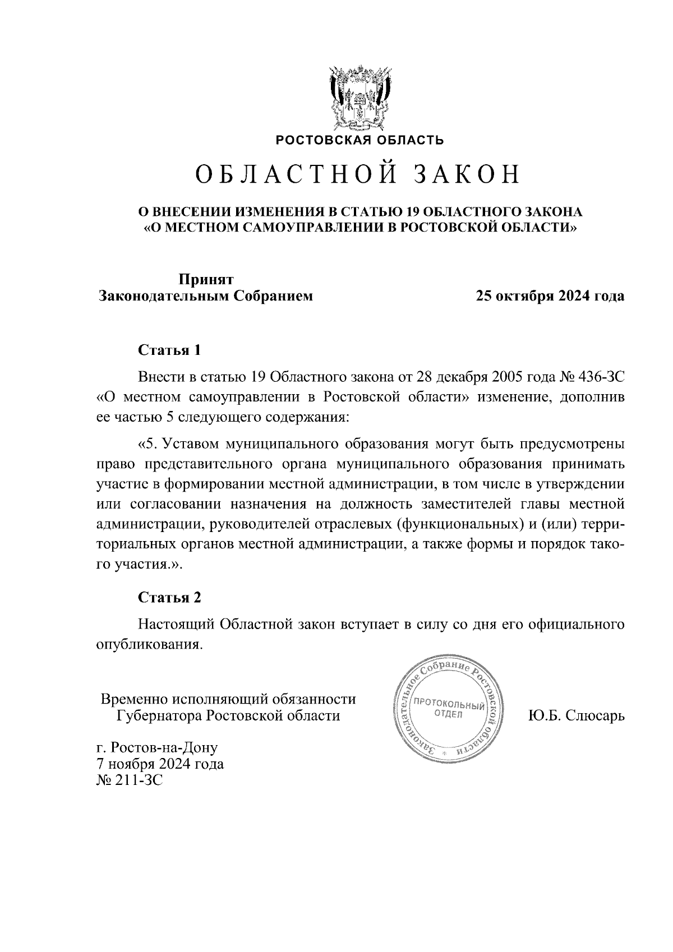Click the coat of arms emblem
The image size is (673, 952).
click(x=359, y=98)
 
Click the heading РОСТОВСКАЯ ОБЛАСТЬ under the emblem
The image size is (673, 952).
click(x=359, y=140)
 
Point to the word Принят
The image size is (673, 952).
click(x=205, y=279)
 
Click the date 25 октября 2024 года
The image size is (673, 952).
click(x=550, y=296)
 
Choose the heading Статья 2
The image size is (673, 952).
click(x=169, y=598)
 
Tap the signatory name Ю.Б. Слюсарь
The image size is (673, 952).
click(x=576, y=716)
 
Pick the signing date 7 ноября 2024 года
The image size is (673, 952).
click(x=160, y=764)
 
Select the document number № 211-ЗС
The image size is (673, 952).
click(x=130, y=780)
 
